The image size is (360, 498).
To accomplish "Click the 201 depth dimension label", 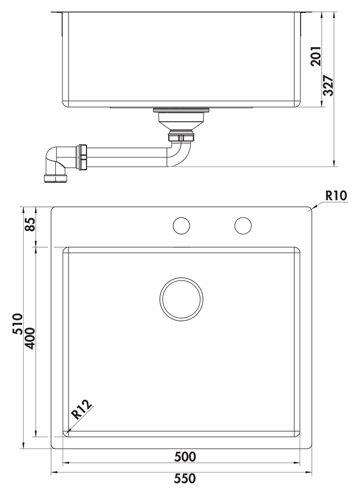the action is pyautogui.click(x=316, y=56).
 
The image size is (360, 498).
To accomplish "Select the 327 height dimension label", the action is pyautogui.click(x=328, y=86).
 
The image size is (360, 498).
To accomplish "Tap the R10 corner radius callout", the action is pyautogui.click(x=336, y=196).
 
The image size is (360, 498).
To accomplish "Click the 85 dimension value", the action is pyautogui.click(x=29, y=224).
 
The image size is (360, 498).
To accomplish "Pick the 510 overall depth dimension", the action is pyautogui.click(x=17, y=324).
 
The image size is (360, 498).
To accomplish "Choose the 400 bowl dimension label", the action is pyautogui.click(x=29, y=338).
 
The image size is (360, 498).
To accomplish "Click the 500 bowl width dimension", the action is pyautogui.click(x=185, y=457).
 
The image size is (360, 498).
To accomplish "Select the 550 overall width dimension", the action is pyautogui.click(x=185, y=479).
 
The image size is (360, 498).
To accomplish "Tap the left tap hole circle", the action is pyautogui.click(x=182, y=226).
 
